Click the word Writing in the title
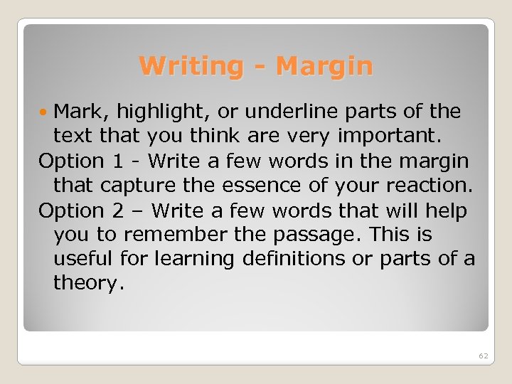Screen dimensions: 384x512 pos(191,66)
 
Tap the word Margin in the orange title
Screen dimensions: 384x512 pos(324,66)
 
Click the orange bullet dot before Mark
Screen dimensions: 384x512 pos(45,112)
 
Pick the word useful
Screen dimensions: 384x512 pos(84,259)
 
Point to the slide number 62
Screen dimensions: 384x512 pos(483,355)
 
